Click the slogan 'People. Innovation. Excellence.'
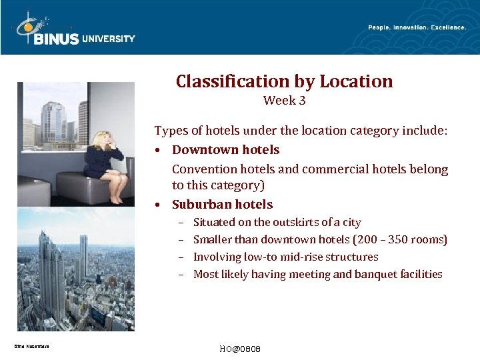click(x=417, y=27)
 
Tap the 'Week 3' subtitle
click(x=285, y=101)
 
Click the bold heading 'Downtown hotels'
click(x=225, y=150)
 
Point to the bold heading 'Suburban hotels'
click(x=222, y=205)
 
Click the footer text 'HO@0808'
click(x=239, y=349)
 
